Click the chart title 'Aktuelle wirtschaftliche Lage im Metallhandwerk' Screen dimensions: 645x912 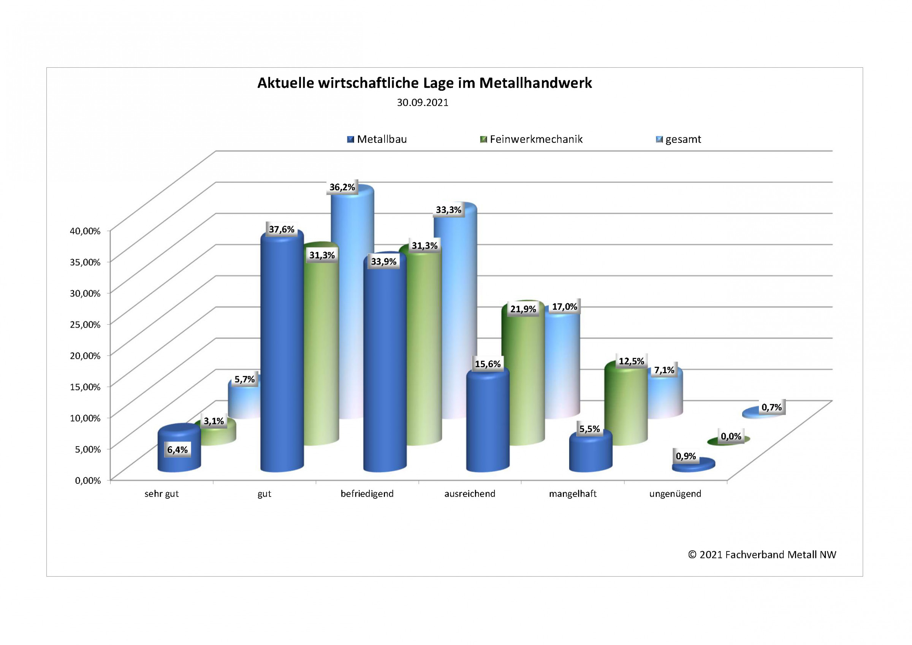point(424,83)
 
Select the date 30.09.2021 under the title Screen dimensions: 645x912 point(422,103)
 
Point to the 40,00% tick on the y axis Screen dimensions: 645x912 point(85,231)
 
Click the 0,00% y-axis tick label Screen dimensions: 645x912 point(88,480)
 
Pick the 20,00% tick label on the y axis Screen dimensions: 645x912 point(85,356)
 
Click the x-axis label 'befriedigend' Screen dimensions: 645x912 point(367,494)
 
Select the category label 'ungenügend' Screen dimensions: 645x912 point(675,494)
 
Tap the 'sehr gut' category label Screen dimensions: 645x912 point(161,494)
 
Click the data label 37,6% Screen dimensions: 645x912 point(282,229)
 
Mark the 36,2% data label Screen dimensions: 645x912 point(342,187)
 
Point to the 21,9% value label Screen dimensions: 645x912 point(523,309)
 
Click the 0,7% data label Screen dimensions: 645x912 point(771,407)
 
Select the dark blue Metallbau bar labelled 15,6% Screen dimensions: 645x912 point(488,421)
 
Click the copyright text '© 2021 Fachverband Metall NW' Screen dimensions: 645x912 point(762,555)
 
